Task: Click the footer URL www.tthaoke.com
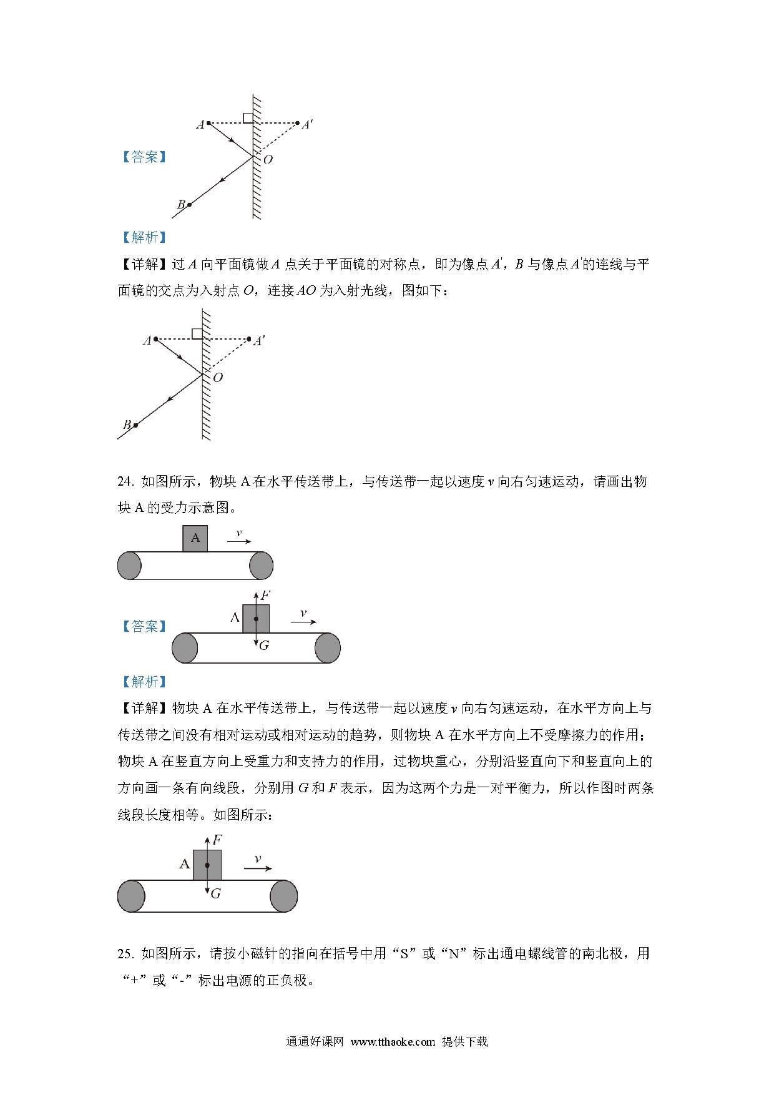(393, 1041)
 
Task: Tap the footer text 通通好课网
(315, 1041)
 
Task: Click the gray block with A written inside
(195, 538)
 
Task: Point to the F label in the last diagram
(217, 840)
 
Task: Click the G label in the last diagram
(216, 893)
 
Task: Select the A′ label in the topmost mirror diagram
(307, 125)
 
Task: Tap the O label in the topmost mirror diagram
(268, 159)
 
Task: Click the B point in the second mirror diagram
(135, 425)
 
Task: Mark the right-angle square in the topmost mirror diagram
(248, 118)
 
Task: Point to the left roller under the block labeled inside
(129, 566)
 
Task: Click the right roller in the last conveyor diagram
(283, 896)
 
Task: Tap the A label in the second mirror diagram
(147, 341)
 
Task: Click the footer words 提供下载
(464, 1041)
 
